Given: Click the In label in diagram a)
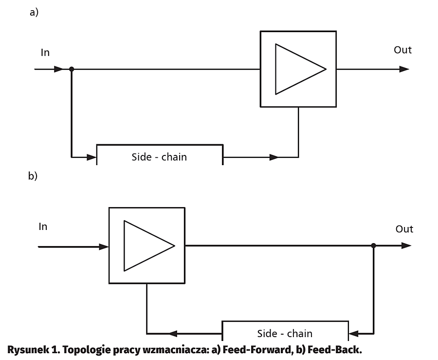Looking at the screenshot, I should coord(45,53).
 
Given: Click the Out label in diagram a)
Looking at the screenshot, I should coord(402,50).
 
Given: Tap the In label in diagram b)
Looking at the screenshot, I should coord(43,227).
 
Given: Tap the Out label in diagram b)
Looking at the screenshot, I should coord(404,229).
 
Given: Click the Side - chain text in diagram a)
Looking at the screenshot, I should coord(159,157).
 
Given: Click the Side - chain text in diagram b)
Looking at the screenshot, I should coord(285,334).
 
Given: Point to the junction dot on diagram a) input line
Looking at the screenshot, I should coord(72,69).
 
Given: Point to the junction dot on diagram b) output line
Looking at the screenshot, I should coord(373,246).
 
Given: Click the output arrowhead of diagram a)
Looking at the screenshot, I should coord(404,69).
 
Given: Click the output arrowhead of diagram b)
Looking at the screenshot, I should coord(406,246).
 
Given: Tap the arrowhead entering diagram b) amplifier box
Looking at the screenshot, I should coord(104,246).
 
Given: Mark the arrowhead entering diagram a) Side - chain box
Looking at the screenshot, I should coord(91,157).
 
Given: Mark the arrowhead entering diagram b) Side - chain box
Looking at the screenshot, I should coord(354,334).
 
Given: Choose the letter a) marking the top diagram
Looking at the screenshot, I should coord(34,13).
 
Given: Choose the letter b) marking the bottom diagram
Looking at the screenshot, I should coord(33,176).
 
